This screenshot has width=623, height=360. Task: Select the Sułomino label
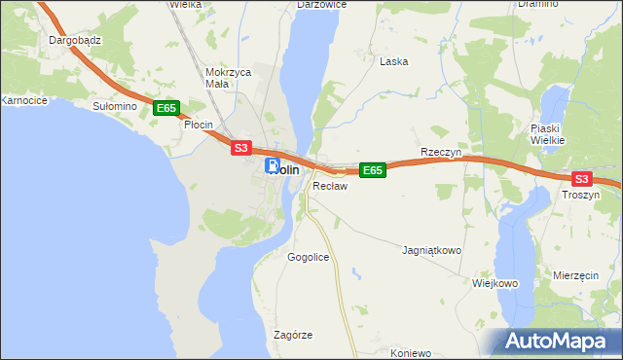[112, 105]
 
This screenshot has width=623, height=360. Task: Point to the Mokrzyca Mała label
[229, 78]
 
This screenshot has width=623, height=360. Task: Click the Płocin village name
[199, 125]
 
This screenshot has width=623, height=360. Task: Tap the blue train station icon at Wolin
[274, 166]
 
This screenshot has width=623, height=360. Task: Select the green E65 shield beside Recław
[373, 170]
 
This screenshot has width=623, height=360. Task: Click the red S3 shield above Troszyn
[581, 179]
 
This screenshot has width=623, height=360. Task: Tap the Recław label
[330, 186]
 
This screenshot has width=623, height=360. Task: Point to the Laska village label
[393, 61]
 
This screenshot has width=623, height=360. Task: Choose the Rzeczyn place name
[439, 153]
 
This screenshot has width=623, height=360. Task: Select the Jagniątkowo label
[431, 250]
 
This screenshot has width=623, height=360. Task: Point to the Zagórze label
[293, 335]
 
